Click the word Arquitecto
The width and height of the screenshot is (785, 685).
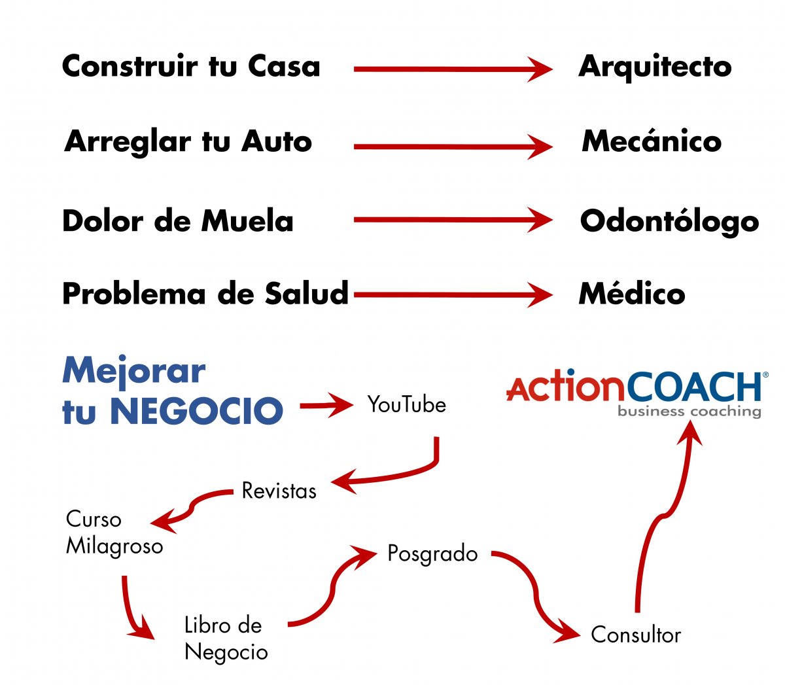pyautogui.click(x=655, y=67)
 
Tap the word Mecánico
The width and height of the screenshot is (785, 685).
pyautogui.click(x=652, y=141)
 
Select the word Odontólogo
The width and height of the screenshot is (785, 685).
pyautogui.click(x=669, y=221)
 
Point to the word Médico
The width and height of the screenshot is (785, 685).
pyautogui.click(x=632, y=293)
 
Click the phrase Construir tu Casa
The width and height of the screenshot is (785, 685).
pyautogui.click(x=191, y=67)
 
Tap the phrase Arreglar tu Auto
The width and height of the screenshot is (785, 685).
pyautogui.click(x=188, y=141)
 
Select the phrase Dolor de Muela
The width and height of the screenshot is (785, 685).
pyautogui.click(x=177, y=221)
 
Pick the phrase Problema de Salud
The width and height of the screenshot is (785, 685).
pyautogui.click(x=205, y=293)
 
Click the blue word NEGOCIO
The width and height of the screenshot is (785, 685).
pyautogui.click(x=196, y=411)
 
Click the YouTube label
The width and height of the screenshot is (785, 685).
pyautogui.click(x=406, y=405)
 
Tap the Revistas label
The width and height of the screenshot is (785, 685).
pyautogui.click(x=279, y=491)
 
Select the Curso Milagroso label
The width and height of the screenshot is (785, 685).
pyautogui.click(x=114, y=533)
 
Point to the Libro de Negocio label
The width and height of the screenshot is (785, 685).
pyautogui.click(x=226, y=639)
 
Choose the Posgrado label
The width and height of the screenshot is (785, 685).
pyautogui.click(x=432, y=554)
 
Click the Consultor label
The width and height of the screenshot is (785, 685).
pyautogui.click(x=636, y=635)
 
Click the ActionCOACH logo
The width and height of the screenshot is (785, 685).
pyautogui.click(x=635, y=387)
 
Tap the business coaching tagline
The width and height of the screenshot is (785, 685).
pyautogui.click(x=689, y=412)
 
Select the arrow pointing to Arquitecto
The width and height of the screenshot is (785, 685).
pyautogui.click(x=452, y=69)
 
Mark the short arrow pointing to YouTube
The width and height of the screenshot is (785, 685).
pyautogui.click(x=326, y=405)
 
